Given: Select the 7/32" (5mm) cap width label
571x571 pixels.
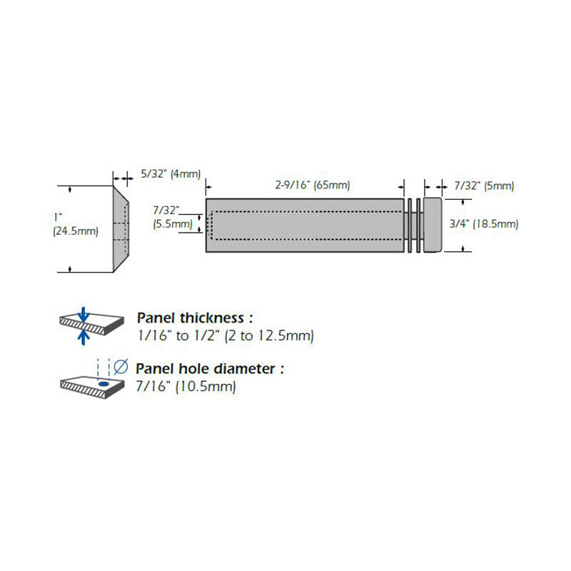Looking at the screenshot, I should coord(484,186).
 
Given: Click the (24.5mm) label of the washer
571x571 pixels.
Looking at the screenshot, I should coord(76,231).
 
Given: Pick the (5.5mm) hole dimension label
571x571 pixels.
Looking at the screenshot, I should coord(173,223).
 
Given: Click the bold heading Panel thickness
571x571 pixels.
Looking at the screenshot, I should coord(194,318).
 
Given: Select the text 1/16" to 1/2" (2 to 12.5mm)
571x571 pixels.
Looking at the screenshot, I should coord(225,335).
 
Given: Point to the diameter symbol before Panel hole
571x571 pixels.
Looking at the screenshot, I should coord(121,368).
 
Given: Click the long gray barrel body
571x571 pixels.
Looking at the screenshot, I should coord(303,225).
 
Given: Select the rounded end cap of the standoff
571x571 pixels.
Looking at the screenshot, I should coord(433,223).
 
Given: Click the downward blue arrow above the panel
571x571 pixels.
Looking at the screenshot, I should coord(84,313).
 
